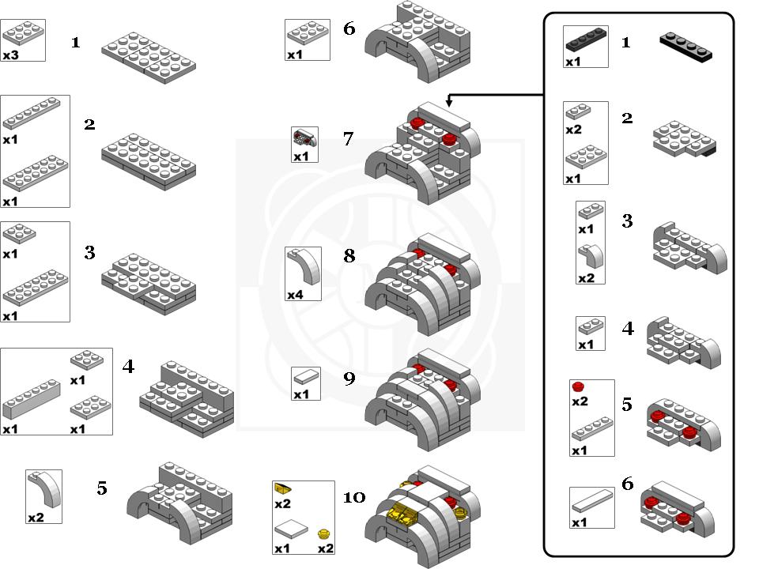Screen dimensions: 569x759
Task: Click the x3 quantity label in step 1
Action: [x=10, y=55]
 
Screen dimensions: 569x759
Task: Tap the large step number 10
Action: [x=355, y=497]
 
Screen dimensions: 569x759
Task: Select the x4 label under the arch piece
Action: [x=295, y=295]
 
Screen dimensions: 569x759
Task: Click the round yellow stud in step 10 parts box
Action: [x=323, y=535]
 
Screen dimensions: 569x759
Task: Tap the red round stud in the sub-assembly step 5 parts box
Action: [x=578, y=386]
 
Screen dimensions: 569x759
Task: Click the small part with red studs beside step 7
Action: [x=304, y=138]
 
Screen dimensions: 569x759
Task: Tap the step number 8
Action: [x=349, y=257]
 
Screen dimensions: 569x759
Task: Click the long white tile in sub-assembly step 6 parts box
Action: [x=591, y=502]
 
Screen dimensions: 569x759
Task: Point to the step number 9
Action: [x=349, y=379]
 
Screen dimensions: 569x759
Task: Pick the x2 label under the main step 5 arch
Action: [x=36, y=518]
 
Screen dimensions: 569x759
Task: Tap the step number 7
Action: [x=348, y=139]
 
